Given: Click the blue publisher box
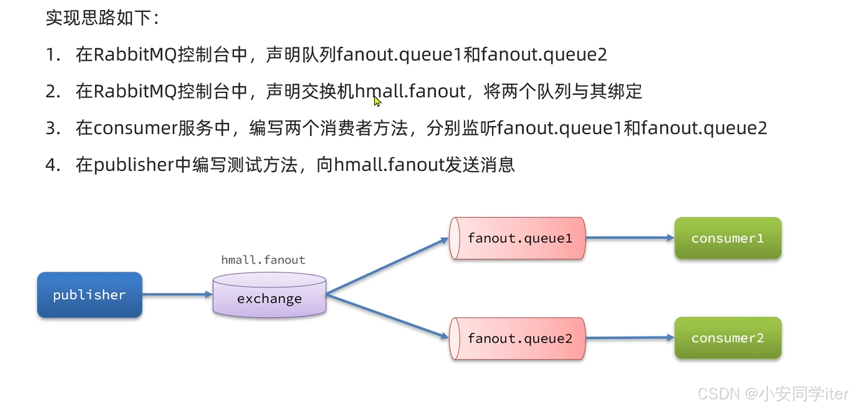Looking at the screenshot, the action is click(89, 295).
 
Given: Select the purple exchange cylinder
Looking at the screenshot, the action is click(269, 296).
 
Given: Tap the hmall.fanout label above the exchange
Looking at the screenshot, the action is click(263, 260).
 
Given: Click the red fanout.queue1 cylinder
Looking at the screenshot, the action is click(518, 238).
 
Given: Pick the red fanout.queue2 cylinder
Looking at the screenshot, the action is click(518, 339).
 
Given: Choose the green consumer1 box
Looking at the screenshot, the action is click(728, 238).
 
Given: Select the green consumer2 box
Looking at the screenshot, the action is click(728, 338).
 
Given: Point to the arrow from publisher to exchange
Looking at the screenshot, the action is click(177, 295).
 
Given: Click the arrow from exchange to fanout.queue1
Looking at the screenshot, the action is click(386, 266).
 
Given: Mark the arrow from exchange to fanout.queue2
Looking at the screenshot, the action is click(386, 316).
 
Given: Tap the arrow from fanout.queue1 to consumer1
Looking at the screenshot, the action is click(629, 238).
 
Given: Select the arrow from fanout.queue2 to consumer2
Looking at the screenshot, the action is click(629, 338).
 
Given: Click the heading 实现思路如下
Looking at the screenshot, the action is click(102, 18).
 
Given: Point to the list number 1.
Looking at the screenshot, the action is click(52, 55).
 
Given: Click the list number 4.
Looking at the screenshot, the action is click(52, 165).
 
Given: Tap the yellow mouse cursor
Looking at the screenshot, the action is click(377, 101).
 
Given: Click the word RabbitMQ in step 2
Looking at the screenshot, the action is click(135, 91).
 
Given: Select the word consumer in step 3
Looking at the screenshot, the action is click(135, 128).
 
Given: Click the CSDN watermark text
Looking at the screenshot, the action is click(773, 393).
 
